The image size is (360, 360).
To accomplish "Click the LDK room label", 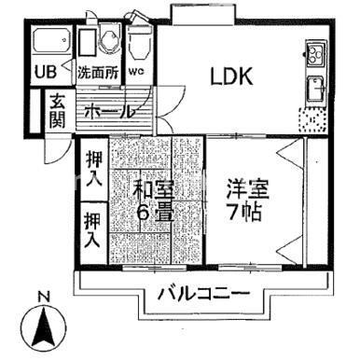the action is tap(230, 76).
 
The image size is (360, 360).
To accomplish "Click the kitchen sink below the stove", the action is tap(314, 89).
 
